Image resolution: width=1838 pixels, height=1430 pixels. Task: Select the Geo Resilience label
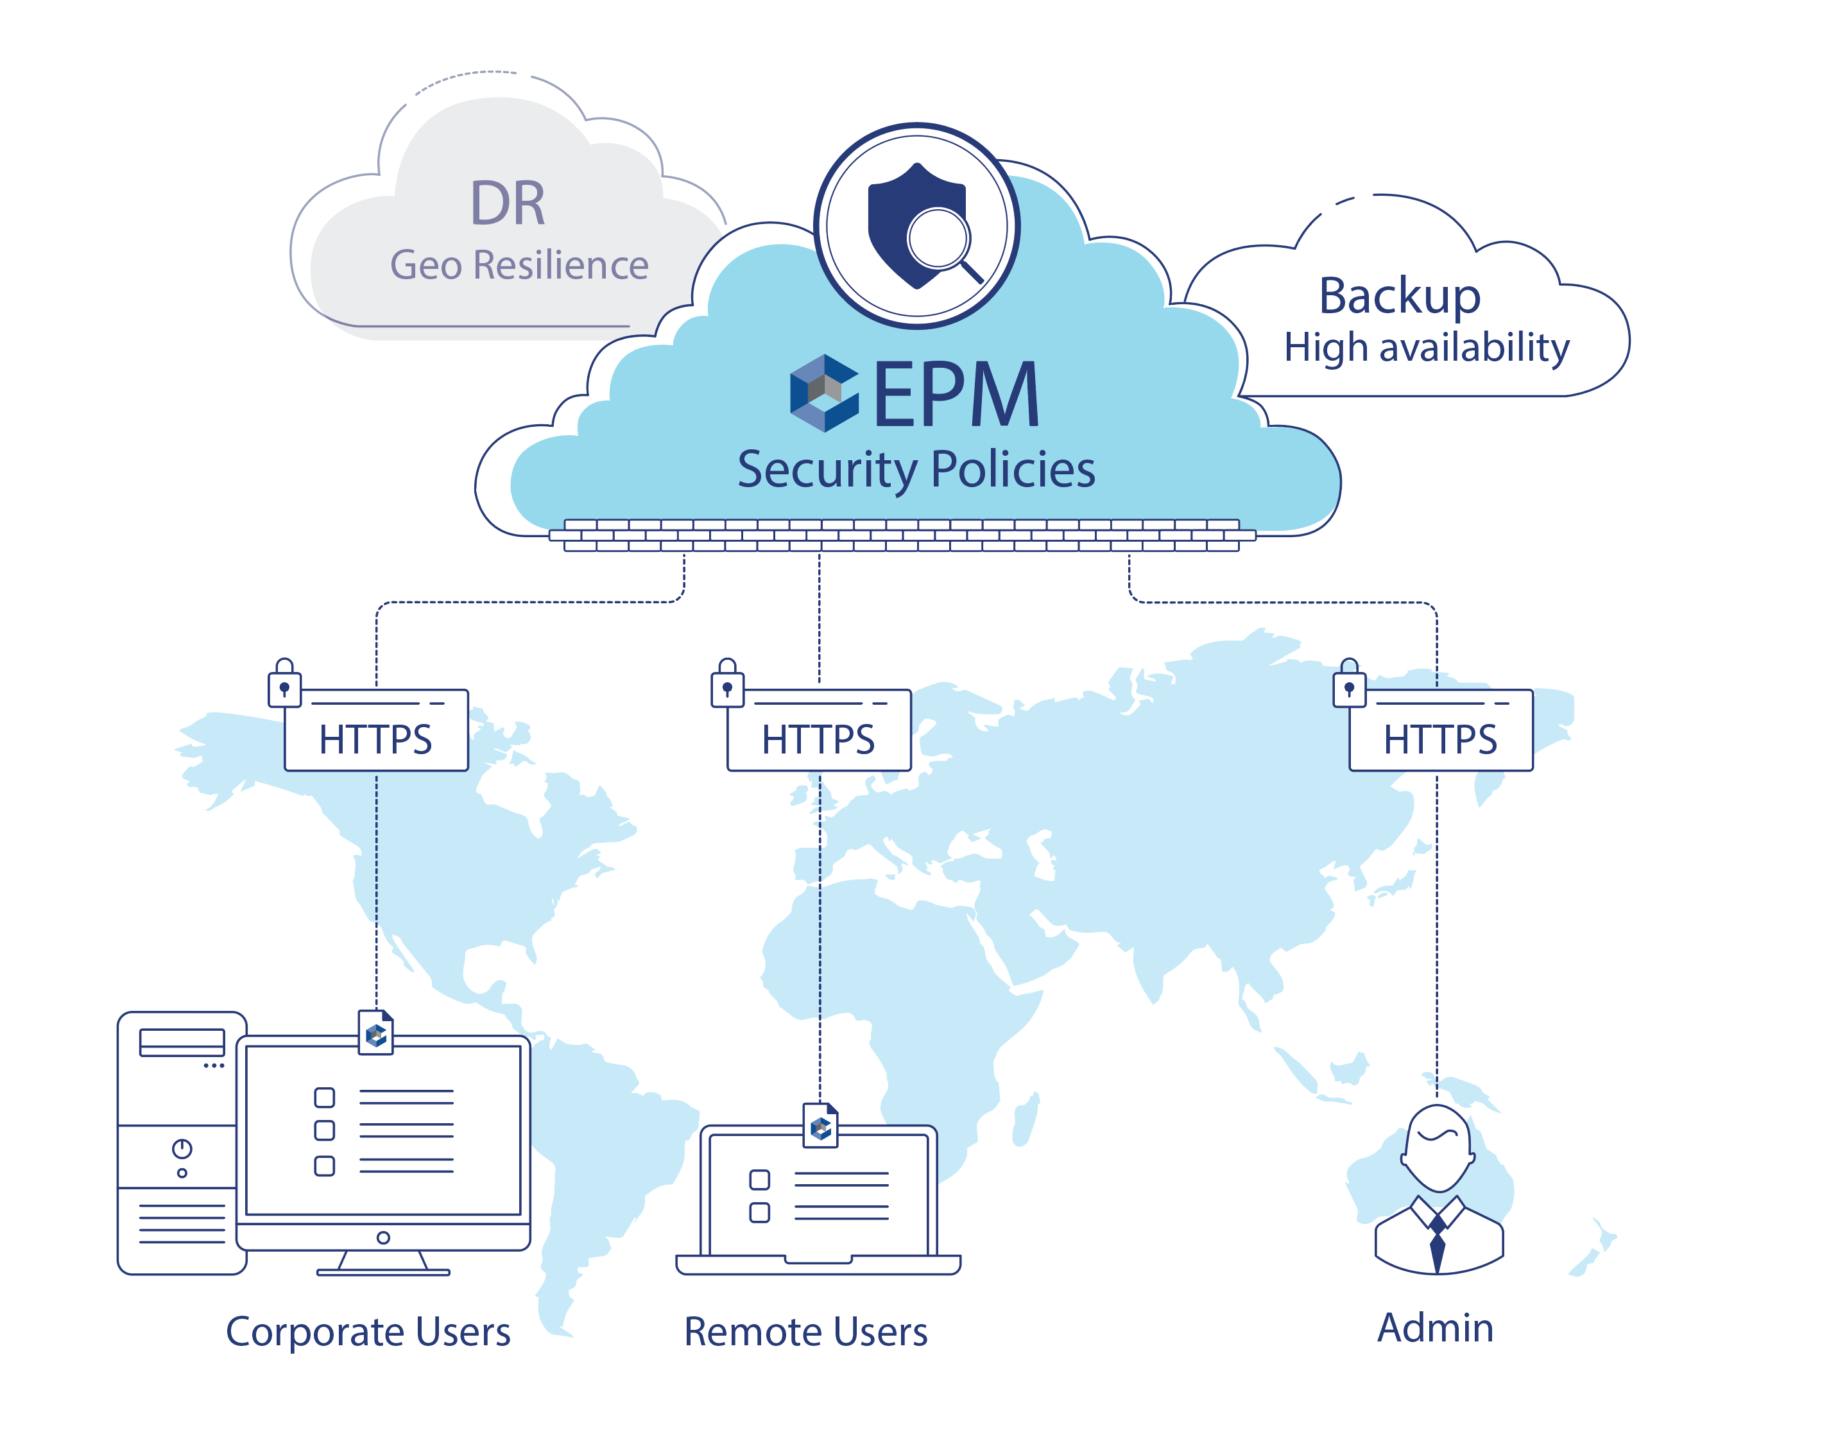tap(519, 265)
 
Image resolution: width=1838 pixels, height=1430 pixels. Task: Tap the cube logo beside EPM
tap(824, 393)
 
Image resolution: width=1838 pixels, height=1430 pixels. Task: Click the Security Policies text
tap(916, 470)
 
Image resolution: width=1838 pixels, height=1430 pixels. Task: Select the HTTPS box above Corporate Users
tap(376, 732)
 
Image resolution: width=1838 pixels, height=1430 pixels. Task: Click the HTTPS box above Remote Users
tap(819, 732)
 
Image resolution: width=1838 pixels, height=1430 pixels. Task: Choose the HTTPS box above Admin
tap(1441, 732)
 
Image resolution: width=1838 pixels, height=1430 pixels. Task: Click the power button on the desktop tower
tap(182, 1148)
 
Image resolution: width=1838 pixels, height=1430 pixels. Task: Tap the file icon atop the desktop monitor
tap(376, 1032)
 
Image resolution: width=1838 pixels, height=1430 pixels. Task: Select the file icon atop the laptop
tap(821, 1125)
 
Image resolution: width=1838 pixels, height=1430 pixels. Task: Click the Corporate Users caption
tap(368, 1332)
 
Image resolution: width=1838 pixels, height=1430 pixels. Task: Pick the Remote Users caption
tap(805, 1332)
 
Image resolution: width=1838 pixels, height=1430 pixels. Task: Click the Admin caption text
tap(1435, 1327)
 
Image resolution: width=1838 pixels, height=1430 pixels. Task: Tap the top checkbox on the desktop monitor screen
tap(324, 1098)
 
